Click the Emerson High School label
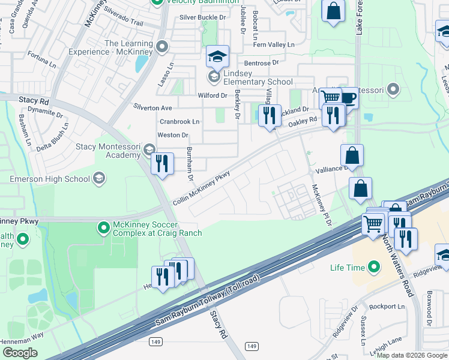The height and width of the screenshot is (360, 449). pos(50,178)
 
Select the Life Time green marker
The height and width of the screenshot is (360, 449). pos(375,266)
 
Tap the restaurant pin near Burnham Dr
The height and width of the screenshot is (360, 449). pos(162,164)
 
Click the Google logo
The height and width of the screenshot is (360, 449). pos(20,353)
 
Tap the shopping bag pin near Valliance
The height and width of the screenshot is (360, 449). pos(352,155)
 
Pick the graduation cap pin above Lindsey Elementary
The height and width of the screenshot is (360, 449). pos(218,57)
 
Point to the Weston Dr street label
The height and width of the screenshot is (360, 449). pos(173,136)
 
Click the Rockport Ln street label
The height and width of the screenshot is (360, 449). pos(387,307)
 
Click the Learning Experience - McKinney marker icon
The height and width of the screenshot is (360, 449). pos(161,47)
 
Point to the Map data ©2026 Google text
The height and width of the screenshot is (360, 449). pos(412,355)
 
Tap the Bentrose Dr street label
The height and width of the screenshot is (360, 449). pos(261,62)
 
